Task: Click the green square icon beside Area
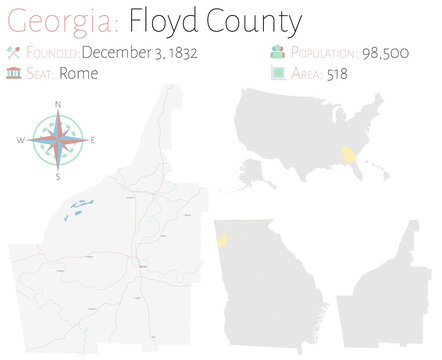[277, 73]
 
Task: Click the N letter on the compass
[58, 105]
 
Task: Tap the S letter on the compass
[58, 176]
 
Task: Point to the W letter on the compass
[21, 141]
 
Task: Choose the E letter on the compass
[94, 141]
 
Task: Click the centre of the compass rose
[58, 140]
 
